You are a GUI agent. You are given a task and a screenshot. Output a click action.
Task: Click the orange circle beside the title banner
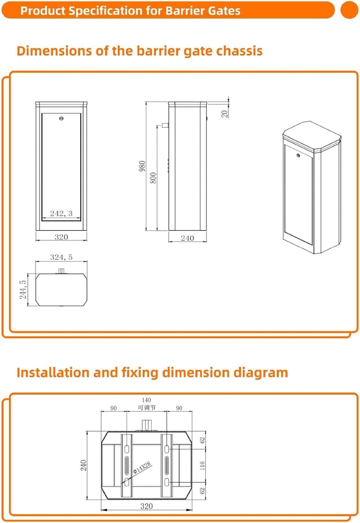[x=349, y=10]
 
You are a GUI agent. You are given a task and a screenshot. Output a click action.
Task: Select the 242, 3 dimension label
[x=61, y=213]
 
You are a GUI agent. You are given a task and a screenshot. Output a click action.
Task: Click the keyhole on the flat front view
[x=61, y=119]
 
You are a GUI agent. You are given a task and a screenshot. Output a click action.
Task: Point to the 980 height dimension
[x=142, y=166]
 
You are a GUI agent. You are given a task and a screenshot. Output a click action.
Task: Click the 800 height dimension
[x=153, y=178]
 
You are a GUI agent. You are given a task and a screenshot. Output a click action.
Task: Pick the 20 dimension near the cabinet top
[x=224, y=113]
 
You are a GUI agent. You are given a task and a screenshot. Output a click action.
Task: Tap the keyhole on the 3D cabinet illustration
[x=298, y=155]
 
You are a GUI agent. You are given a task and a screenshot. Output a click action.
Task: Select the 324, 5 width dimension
[x=61, y=257]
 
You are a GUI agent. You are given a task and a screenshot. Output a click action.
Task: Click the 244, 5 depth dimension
[x=23, y=290]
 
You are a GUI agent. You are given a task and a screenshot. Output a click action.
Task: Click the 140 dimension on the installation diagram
[x=146, y=400]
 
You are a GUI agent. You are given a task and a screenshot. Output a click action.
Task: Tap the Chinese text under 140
[x=147, y=408]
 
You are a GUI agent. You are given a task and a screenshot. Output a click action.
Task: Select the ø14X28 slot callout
[x=142, y=468]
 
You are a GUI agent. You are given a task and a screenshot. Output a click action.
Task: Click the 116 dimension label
[x=202, y=465]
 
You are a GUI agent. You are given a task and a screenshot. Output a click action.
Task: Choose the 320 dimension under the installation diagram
[x=146, y=506]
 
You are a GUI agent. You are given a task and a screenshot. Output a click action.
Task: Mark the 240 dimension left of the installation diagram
[x=84, y=465]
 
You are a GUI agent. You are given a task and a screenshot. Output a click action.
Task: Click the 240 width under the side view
[x=187, y=238]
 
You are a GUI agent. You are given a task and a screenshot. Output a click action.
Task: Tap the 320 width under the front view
[x=61, y=237]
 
